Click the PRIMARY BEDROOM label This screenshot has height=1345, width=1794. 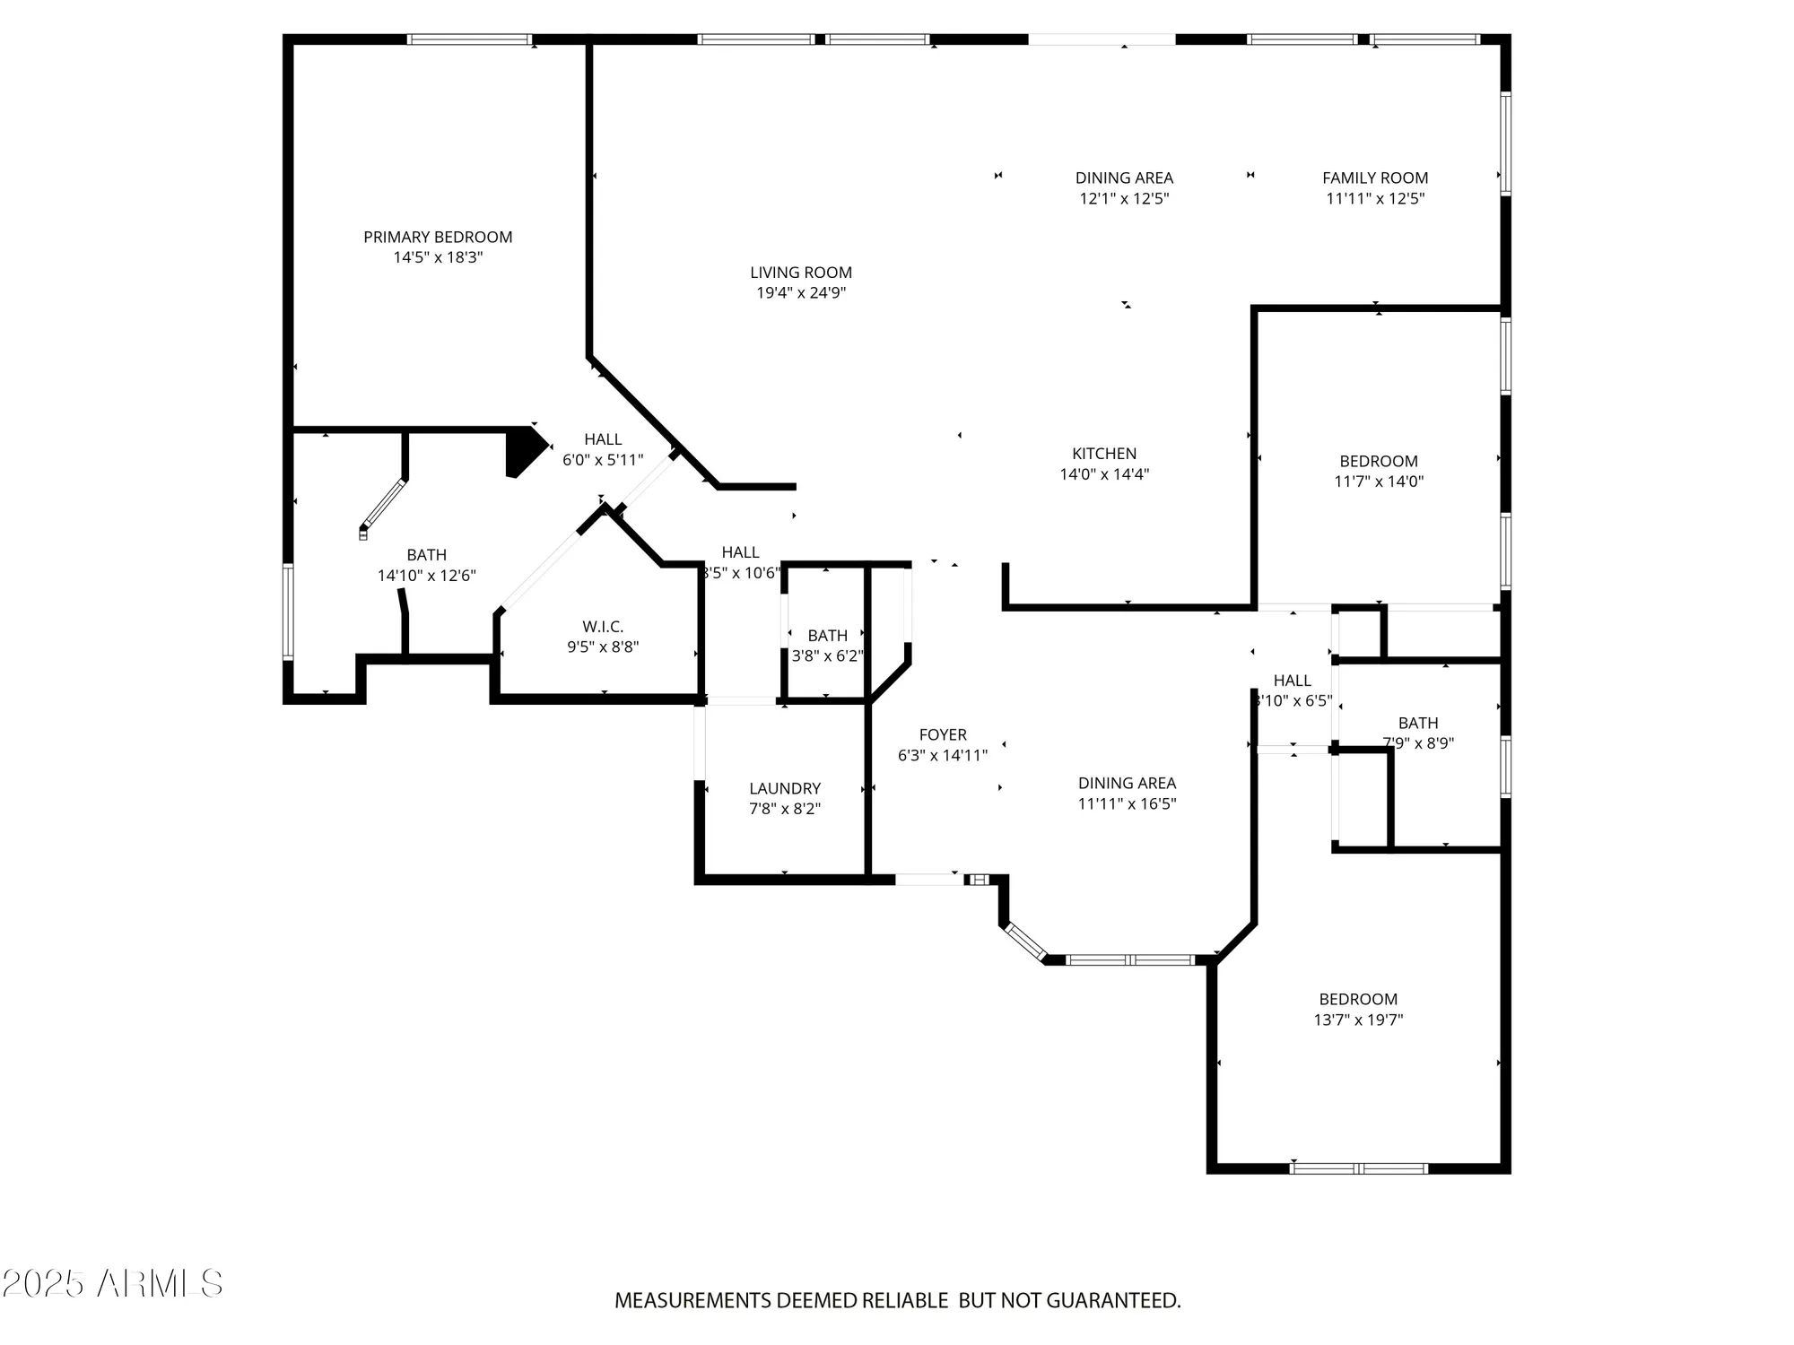click(x=438, y=237)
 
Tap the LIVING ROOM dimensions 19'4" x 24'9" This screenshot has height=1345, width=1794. click(x=801, y=293)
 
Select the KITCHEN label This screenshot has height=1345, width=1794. click(x=1104, y=454)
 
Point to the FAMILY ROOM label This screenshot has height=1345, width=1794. click(x=1375, y=178)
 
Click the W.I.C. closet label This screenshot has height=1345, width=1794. click(x=603, y=627)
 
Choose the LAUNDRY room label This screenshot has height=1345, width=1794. click(x=785, y=788)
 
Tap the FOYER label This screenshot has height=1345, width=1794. click(x=943, y=735)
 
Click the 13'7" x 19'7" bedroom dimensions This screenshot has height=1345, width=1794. click(x=1358, y=1020)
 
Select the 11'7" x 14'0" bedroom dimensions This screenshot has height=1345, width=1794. click(x=1379, y=482)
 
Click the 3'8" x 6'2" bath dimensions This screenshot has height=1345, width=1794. click(x=827, y=655)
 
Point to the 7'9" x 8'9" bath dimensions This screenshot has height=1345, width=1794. click(x=1418, y=743)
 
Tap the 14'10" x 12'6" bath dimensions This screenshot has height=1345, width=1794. click(x=426, y=576)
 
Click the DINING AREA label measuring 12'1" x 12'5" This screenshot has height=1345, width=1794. click(x=1124, y=178)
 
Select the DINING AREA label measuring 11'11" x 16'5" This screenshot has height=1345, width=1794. click(x=1127, y=784)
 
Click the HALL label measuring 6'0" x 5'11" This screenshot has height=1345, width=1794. click(x=603, y=439)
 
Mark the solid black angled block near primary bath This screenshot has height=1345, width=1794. click(x=524, y=450)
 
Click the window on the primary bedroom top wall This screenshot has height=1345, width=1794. click(x=469, y=39)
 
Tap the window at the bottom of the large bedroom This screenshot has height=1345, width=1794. click(x=1358, y=1168)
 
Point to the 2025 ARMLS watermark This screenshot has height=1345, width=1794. click(x=112, y=1284)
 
